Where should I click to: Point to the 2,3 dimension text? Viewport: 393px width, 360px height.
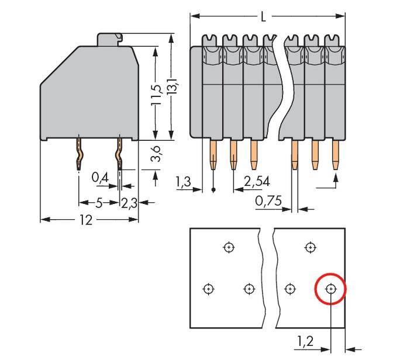point(129,203)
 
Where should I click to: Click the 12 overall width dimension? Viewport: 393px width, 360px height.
point(87,220)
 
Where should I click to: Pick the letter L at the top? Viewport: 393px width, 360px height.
point(264,16)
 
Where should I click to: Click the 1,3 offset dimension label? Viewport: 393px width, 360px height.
point(183,184)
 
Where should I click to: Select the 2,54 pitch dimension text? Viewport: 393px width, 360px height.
point(257,182)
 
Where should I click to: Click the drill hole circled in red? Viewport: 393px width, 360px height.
point(331,289)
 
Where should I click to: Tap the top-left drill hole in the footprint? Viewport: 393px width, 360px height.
point(229,247)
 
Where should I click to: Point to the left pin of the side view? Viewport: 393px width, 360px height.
point(79,155)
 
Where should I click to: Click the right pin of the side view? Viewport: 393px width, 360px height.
point(120,155)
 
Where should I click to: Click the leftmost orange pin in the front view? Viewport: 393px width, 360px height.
point(213,155)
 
